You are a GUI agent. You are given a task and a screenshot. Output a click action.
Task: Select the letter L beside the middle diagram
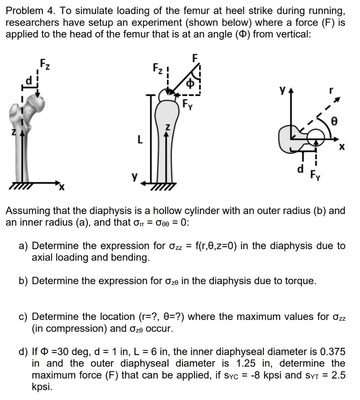tap(138, 139)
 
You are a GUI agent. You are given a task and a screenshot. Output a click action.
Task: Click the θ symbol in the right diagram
tap(334, 121)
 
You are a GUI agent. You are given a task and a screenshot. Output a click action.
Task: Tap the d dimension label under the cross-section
tap(300, 169)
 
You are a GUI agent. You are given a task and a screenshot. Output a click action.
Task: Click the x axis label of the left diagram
tap(61, 189)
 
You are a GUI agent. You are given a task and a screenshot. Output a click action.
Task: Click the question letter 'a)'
tap(23, 246)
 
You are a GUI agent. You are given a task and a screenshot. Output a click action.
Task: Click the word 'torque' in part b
tap(297, 281)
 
